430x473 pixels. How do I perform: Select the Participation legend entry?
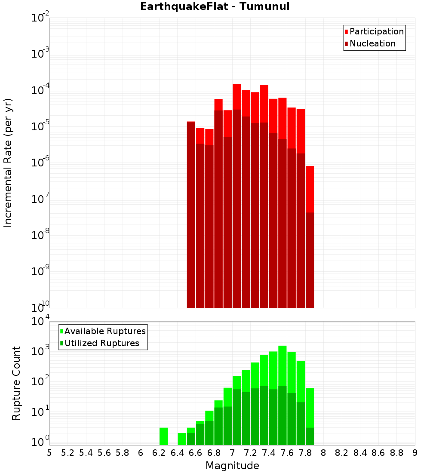click(x=376, y=31)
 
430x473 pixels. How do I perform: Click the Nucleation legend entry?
click(x=372, y=43)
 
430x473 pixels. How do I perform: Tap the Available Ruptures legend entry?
click(x=104, y=331)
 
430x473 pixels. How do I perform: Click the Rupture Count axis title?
click(x=16, y=383)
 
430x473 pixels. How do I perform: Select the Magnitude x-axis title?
click(x=232, y=466)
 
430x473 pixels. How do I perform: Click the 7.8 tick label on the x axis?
click(x=305, y=453)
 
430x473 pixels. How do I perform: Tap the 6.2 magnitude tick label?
click(x=159, y=453)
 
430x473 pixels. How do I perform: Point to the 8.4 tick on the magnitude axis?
click(x=360, y=453)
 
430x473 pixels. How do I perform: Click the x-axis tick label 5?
click(x=49, y=453)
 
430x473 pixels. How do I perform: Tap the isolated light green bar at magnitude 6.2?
click(x=163, y=436)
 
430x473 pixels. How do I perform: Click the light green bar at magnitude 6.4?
click(x=182, y=439)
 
